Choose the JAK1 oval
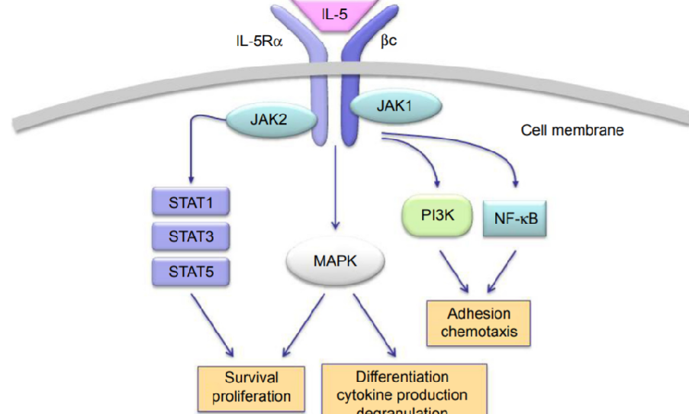394,106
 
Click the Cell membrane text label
571,130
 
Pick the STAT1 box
192,205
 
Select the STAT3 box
192,238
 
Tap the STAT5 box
192,271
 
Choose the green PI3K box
437,216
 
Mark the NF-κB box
515,219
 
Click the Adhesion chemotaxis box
478,322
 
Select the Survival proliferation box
251,387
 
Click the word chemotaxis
478,332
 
